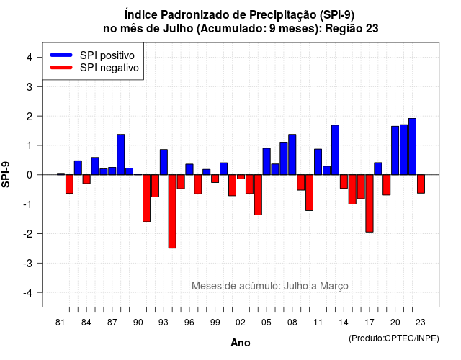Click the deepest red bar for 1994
tap(172, 211)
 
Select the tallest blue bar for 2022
tap(413, 146)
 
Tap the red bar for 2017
tap(370, 203)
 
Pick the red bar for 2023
tap(421, 184)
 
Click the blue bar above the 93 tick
tap(164, 162)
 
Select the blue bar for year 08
tap(292, 155)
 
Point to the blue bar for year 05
tap(267, 161)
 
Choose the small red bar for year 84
tap(86, 179)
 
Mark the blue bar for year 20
tap(395, 150)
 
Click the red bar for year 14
tap(344, 181)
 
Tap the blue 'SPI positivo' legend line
tap(61, 55)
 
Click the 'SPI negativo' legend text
tap(109, 68)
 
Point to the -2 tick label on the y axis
tap(28, 234)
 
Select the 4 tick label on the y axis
tap(30, 58)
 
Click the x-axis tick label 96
tap(189, 323)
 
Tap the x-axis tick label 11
tap(318, 323)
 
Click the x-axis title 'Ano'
tap(241, 343)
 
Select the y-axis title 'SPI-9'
tap(6, 174)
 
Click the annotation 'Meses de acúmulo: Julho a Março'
tap(270, 286)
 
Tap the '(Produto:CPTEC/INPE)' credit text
tap(394, 338)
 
